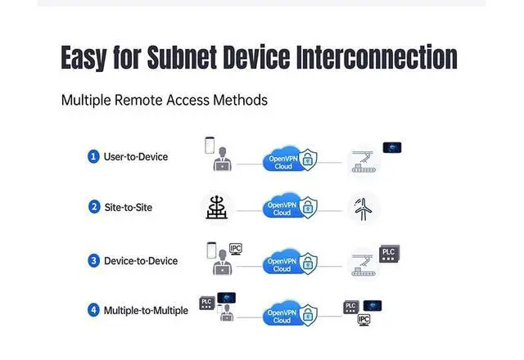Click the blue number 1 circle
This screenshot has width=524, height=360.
[94, 155]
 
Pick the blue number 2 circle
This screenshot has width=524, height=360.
[94, 207]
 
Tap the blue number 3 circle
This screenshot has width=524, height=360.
[94, 261]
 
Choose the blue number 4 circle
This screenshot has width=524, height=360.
[94, 310]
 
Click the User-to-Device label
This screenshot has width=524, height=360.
[136, 155]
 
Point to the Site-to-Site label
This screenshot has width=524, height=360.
[128, 207]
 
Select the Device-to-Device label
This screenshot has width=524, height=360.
[141, 261]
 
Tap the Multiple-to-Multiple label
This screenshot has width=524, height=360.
[146, 310]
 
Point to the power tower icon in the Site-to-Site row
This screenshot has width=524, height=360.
[217, 207]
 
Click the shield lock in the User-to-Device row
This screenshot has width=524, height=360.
[306, 160]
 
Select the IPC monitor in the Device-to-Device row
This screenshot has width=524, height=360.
[235, 249]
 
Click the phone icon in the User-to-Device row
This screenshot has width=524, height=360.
[210, 146]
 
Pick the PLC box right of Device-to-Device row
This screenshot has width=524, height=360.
[389, 253]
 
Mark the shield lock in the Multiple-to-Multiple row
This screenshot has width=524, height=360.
[306, 314]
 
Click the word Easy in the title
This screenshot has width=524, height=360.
[93, 57]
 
